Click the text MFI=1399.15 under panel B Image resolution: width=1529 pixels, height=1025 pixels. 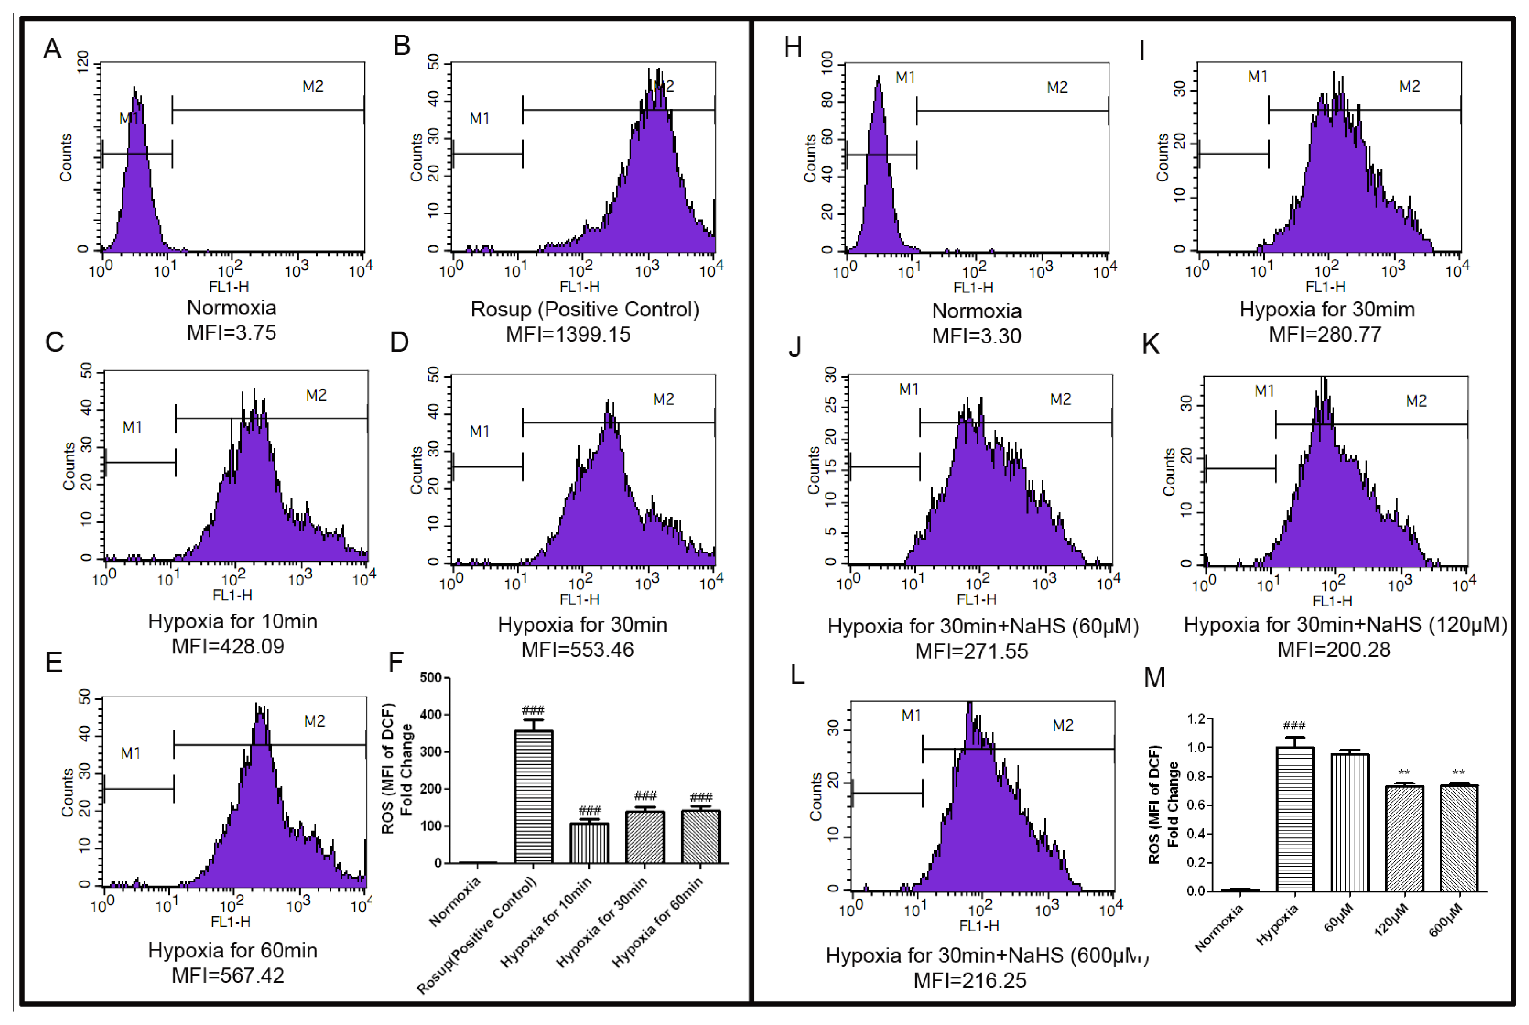(x=568, y=335)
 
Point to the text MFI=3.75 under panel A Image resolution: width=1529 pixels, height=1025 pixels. (x=232, y=333)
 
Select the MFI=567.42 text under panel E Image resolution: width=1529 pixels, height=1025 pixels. (x=228, y=975)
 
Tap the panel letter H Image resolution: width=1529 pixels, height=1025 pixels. (x=793, y=48)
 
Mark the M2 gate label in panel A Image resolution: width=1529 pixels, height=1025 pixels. (x=312, y=86)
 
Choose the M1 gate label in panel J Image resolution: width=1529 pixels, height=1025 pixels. (x=908, y=390)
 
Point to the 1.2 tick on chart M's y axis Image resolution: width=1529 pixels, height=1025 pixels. (x=1196, y=719)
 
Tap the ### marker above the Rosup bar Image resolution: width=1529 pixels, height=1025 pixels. (x=533, y=711)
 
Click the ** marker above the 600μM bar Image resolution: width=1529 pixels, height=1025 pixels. (x=1458, y=772)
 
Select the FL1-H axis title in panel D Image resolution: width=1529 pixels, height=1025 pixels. (x=580, y=599)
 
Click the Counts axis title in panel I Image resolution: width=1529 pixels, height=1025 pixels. (x=1162, y=158)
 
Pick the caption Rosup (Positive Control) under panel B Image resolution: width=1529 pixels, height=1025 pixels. (x=585, y=309)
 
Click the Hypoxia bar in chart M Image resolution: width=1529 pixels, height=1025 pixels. (x=1294, y=819)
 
